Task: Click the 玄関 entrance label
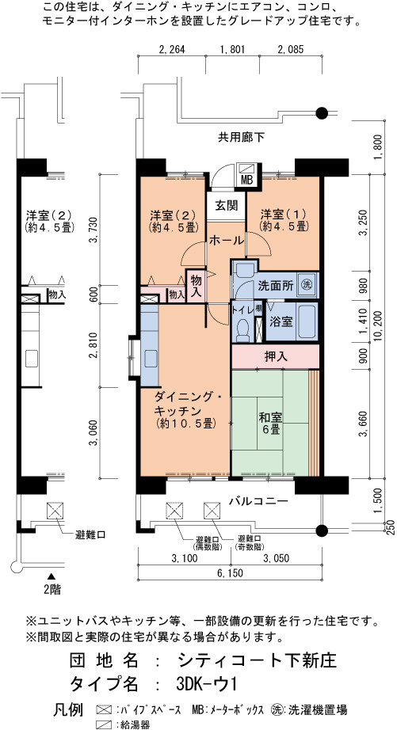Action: click(x=227, y=205)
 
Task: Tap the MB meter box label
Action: click(x=246, y=181)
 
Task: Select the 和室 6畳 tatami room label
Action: click(x=270, y=423)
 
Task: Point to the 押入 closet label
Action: click(x=277, y=356)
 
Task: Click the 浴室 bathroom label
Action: click(x=281, y=321)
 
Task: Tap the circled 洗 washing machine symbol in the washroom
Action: click(x=306, y=284)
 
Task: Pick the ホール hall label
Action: click(x=227, y=241)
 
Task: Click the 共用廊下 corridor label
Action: click(x=242, y=137)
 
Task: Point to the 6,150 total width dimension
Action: click(x=229, y=573)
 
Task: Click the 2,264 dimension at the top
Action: click(x=172, y=50)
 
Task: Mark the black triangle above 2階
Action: click(x=52, y=576)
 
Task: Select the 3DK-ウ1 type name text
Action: click(x=207, y=684)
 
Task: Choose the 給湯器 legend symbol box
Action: click(x=105, y=724)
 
